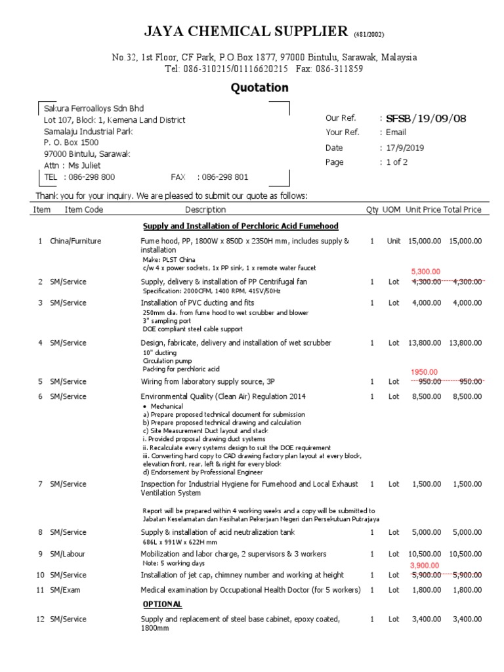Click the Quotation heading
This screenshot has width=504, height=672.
tap(259, 87)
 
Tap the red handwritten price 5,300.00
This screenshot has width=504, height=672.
tap(425, 271)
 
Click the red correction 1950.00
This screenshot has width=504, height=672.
tap(425, 371)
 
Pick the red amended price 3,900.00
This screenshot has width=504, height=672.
tap(425, 565)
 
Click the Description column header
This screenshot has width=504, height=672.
tap(205, 209)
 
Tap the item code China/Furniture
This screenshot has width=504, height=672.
tap(75, 241)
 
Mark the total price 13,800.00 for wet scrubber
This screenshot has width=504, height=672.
tap(465, 343)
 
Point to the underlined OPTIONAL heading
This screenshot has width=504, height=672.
tap(163, 604)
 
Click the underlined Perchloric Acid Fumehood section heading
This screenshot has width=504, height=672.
tap(241, 226)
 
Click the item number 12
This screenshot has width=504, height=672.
tap(40, 619)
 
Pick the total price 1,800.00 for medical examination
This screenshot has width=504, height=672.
tap(467, 590)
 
